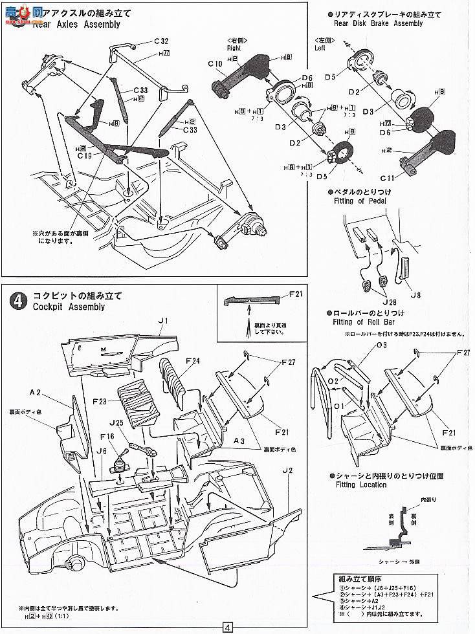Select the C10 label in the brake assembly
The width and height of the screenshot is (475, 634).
point(215,63)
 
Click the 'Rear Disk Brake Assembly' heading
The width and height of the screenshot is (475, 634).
point(379,23)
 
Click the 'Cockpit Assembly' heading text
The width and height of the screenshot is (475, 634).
point(68,307)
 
